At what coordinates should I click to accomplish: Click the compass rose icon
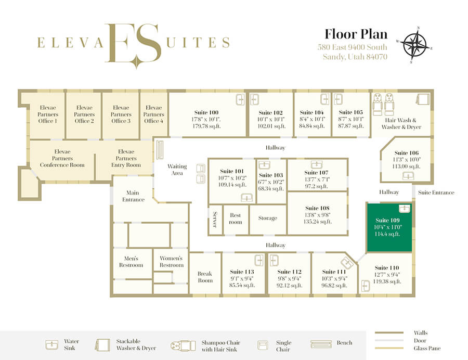(x=414, y=45)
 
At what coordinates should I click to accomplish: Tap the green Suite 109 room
(x=389, y=227)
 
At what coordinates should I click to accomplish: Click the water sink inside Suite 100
(x=240, y=99)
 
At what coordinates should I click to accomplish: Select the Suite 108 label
(x=317, y=208)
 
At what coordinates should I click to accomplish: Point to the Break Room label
(x=205, y=277)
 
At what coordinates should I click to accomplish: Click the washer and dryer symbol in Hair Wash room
(x=423, y=99)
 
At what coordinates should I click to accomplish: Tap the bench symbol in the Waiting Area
(x=160, y=149)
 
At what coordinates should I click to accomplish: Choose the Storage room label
(x=268, y=218)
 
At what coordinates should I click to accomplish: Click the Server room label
(x=215, y=220)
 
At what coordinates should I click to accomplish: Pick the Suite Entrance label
(x=436, y=192)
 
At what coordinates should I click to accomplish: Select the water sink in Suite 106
(x=408, y=176)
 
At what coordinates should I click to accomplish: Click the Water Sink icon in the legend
(x=51, y=344)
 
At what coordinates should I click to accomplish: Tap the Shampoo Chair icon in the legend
(x=183, y=345)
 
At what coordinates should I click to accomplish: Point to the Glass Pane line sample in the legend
(x=389, y=348)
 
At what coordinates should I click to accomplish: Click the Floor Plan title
(x=356, y=34)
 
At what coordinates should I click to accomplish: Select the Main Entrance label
(x=133, y=196)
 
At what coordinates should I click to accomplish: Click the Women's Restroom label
(x=171, y=262)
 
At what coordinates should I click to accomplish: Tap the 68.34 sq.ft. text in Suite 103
(x=271, y=189)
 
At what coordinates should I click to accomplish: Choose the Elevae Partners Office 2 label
(x=84, y=114)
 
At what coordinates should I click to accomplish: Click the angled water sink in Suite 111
(x=347, y=263)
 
